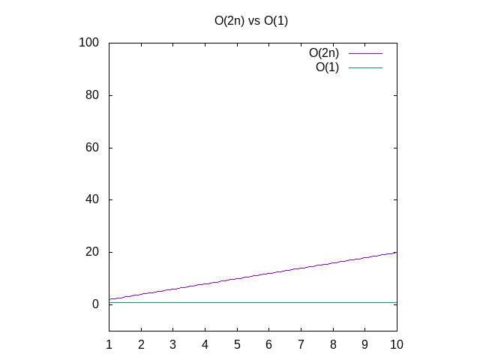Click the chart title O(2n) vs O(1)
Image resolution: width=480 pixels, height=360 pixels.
pyautogui.click(x=251, y=21)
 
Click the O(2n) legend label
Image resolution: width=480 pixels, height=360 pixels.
pyautogui.click(x=324, y=53)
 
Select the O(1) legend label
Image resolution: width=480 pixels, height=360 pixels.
pyautogui.click(x=327, y=67)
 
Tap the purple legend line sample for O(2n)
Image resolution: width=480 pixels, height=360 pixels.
pyautogui.click(x=365, y=53)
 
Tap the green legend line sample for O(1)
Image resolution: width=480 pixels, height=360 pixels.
pyautogui.click(x=365, y=67)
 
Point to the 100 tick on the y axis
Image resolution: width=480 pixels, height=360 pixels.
pyautogui.click(x=89, y=43)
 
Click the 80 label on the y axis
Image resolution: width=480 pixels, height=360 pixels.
pyautogui.click(x=92, y=95)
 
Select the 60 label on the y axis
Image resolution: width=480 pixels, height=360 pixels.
pyautogui.click(x=92, y=148)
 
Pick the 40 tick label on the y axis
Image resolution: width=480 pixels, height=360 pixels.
pyautogui.click(x=92, y=199)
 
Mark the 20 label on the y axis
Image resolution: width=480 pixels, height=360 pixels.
pyautogui.click(x=92, y=252)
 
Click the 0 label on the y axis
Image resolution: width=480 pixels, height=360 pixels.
pyautogui.click(x=96, y=304)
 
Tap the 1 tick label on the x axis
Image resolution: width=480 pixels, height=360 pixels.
pyautogui.click(x=109, y=344)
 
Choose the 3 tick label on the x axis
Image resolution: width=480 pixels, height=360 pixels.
pyautogui.click(x=172, y=344)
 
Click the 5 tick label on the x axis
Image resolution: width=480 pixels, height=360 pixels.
pyautogui.click(x=237, y=344)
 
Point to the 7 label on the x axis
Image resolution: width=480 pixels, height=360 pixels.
pyautogui.click(x=301, y=344)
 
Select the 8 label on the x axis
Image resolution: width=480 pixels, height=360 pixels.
pyautogui.click(x=333, y=344)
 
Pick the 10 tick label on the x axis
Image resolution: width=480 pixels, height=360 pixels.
pyautogui.click(x=397, y=344)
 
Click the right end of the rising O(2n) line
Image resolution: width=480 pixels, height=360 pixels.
pyautogui.click(x=396, y=253)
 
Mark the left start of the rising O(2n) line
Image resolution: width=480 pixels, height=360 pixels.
pyautogui.click(x=109, y=299)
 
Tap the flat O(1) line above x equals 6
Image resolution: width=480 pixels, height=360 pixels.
pyautogui.click(x=268, y=302)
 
